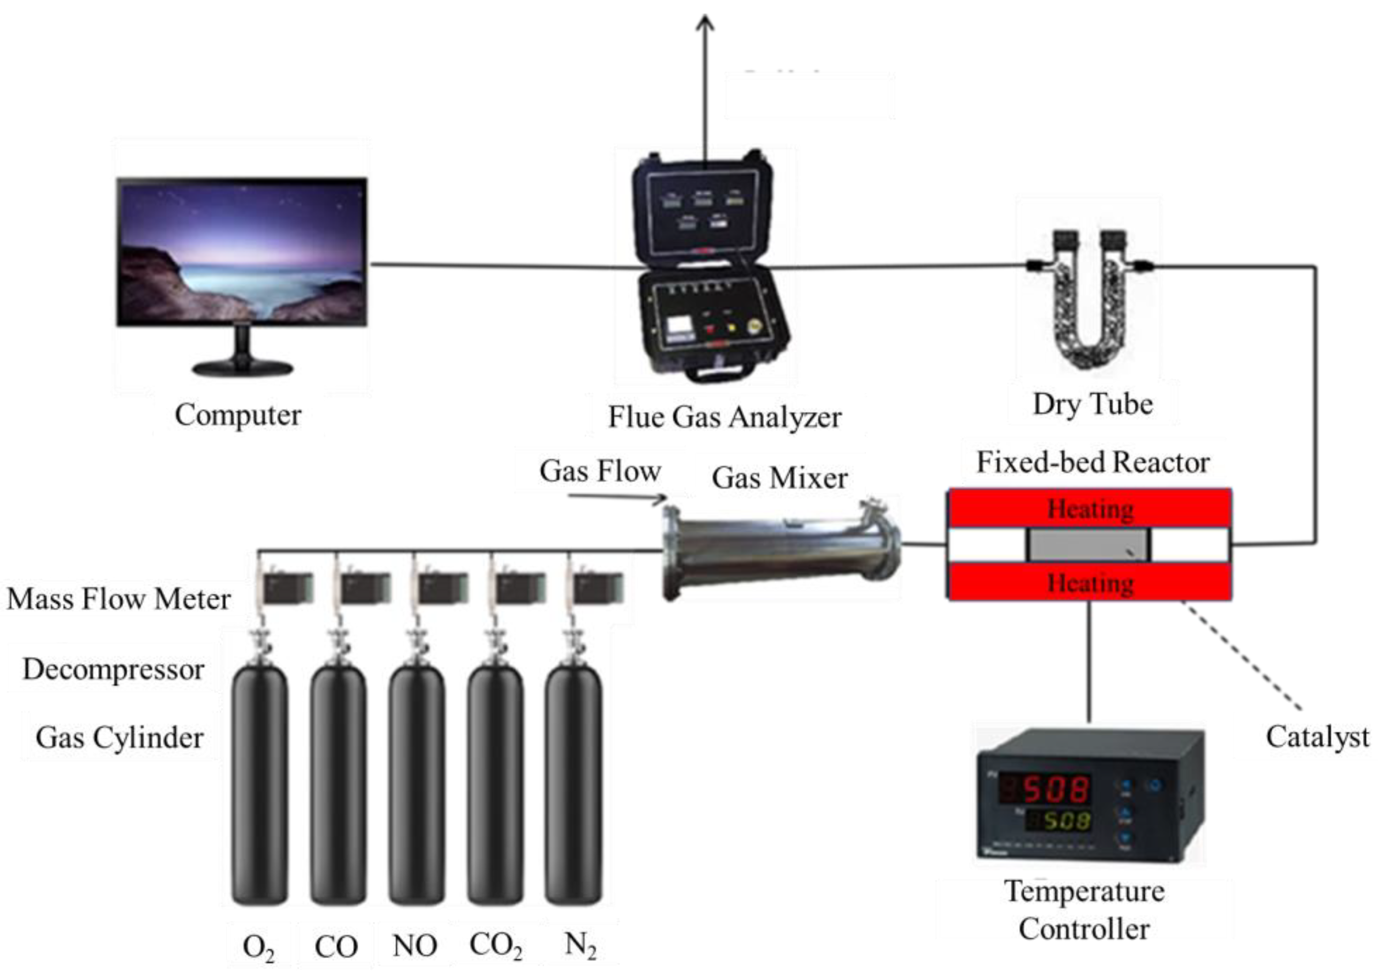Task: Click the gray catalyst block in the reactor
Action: coord(1088,545)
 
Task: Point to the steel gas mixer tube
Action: coord(780,549)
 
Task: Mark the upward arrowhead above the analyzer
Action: coord(705,23)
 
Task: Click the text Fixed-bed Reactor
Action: coord(1093,462)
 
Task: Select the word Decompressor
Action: coord(114,669)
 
